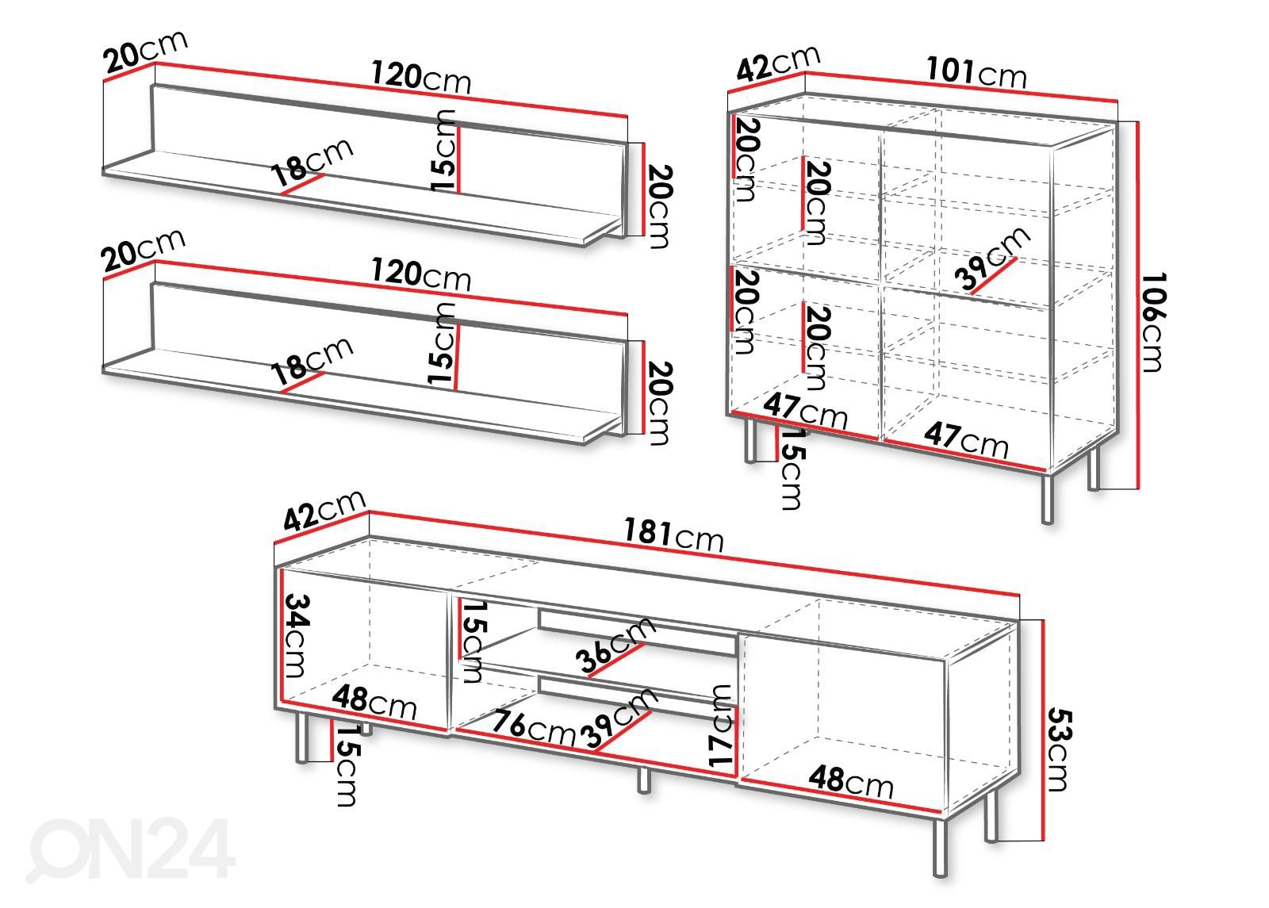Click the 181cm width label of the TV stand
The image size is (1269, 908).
coord(673,534)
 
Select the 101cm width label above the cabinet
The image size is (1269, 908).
coord(976,72)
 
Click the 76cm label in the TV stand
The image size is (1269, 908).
coord(534,728)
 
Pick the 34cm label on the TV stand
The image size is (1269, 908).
coord(297,635)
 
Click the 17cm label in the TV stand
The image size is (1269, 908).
coord(721,726)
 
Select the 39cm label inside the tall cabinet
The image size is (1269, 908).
coord(991,258)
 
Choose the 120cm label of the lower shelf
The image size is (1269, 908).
coord(420,274)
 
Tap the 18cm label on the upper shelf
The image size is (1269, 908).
coord(312,162)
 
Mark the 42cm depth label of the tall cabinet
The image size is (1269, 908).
coord(778,63)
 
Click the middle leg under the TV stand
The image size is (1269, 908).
coord(643,780)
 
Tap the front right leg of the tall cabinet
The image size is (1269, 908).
coord(1048,499)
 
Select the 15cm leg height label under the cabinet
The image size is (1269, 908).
coord(792,469)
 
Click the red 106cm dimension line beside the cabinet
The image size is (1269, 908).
coord(1137,305)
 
